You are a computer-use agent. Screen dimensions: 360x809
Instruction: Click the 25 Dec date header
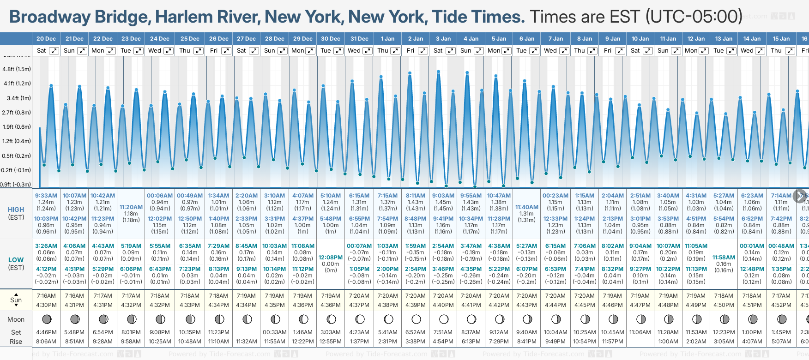190,39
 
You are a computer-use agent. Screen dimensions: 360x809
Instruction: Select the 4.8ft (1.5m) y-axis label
17,69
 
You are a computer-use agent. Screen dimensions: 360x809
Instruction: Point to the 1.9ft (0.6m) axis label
17,126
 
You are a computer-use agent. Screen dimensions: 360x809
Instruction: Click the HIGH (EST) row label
16,213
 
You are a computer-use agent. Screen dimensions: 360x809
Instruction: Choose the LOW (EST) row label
16,264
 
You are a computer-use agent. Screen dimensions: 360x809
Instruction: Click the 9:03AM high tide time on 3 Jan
443,196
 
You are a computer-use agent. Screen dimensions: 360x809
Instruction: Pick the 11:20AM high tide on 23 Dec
131,207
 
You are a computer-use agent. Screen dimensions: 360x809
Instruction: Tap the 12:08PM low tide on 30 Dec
331,258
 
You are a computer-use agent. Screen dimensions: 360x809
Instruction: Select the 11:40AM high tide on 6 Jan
526,207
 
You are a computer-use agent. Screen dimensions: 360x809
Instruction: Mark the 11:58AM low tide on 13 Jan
724,258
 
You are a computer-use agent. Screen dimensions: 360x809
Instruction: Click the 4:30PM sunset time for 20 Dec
46,305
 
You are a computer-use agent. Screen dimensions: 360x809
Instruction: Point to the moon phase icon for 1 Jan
388,319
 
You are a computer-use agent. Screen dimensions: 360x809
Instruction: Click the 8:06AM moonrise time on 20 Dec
46,342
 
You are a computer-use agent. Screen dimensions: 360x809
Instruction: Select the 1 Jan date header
387,39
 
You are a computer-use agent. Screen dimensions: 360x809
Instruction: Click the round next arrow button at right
800,196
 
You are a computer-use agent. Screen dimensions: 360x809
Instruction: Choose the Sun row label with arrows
16,300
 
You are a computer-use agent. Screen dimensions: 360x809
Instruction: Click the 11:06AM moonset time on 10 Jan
640,332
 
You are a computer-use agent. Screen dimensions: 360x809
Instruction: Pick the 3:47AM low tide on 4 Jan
471,246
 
